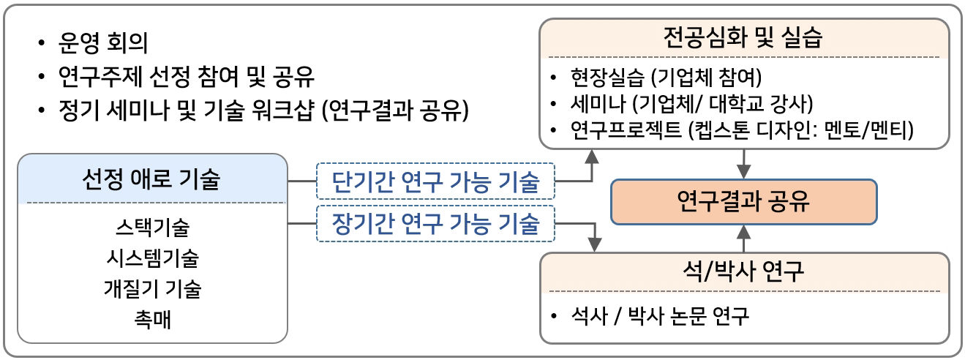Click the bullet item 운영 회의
click(102, 44)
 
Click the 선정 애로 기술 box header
click(151, 179)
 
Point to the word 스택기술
click(151, 228)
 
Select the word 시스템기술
click(151, 258)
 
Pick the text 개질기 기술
click(151, 289)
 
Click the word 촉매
click(151, 320)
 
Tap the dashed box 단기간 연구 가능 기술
click(435, 181)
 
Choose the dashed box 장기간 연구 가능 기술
click(435, 222)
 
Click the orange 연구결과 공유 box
click(743, 201)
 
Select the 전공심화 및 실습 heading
click(743, 37)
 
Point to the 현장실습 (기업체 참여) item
click(667, 78)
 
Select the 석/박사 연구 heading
click(743, 272)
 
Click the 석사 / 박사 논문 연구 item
click(659, 318)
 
